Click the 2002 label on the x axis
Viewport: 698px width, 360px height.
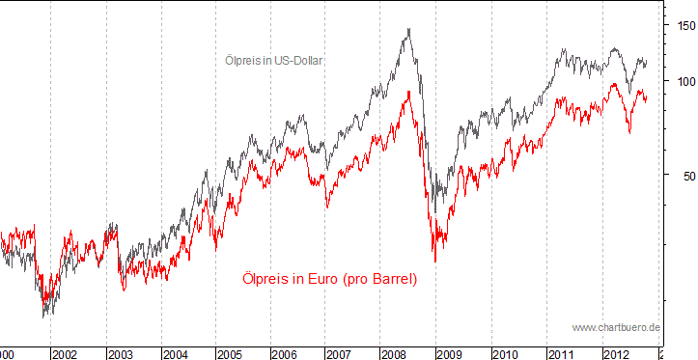click(65, 354)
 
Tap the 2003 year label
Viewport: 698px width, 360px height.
click(120, 354)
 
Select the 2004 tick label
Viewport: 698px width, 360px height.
click(175, 354)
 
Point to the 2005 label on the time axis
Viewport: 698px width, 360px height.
click(230, 354)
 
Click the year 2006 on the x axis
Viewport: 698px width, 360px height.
click(286, 354)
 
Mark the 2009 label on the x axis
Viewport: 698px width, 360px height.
click(451, 354)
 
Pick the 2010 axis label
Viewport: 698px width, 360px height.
click(506, 354)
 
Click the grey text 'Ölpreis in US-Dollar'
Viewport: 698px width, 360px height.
click(273, 60)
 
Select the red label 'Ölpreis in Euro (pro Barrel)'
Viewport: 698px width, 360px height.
click(329, 279)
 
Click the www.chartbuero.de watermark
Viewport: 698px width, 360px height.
click(616, 328)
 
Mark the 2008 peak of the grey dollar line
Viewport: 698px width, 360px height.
click(409, 29)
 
